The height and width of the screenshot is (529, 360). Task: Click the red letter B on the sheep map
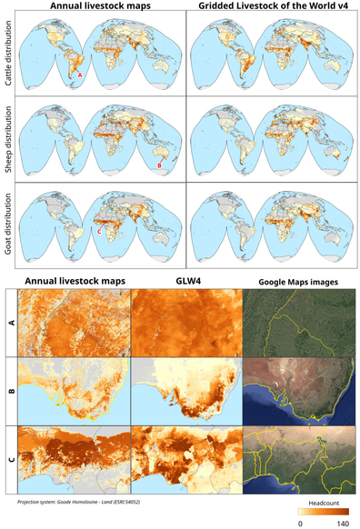[159, 165]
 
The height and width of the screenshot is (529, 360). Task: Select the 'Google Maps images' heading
[299, 282]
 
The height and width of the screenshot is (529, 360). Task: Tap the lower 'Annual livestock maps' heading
[75, 281]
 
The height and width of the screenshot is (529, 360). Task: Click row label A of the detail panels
[11, 321]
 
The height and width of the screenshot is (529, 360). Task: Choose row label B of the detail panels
[11, 391]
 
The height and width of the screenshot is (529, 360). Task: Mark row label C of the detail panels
[11, 460]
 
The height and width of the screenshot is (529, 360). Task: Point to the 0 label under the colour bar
[300, 524]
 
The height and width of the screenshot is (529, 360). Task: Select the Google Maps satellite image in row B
[299, 391]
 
